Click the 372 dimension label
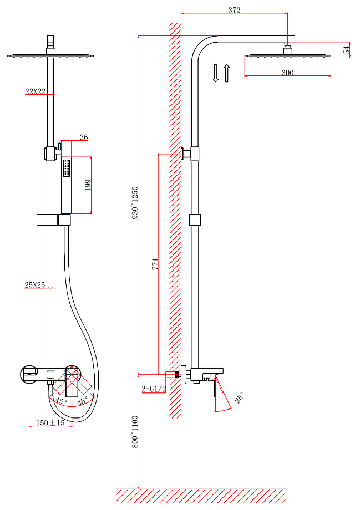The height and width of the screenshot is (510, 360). point(234,10)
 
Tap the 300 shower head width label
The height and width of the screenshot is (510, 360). point(287,73)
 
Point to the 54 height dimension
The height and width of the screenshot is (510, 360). point(347,50)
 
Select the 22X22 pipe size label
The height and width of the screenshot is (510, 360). point(36,91)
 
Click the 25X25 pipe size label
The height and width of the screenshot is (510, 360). point(35,285)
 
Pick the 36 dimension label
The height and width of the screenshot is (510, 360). point(84,137)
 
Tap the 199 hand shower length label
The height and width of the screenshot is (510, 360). point(88,185)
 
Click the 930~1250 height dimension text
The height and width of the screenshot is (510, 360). point(135,203)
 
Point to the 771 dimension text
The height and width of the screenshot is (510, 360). point(155,264)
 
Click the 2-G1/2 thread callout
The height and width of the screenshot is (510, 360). point(154,389)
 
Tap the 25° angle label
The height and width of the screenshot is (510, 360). point(239,398)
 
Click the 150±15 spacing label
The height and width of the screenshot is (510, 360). point(50,422)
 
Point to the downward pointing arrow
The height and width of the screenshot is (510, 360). point(215,73)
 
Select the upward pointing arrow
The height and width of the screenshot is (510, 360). point(226,73)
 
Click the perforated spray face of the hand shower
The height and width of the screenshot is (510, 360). point(67,168)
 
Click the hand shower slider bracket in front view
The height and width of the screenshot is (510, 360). point(53,220)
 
